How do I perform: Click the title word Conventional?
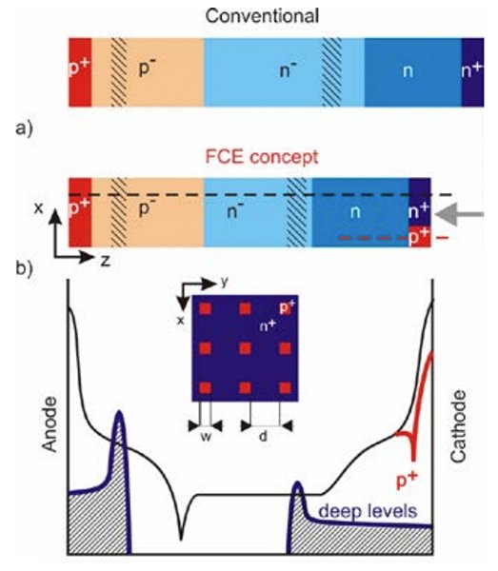coord(262,16)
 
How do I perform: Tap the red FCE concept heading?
coord(262,157)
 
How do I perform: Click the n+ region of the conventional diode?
coord(472,71)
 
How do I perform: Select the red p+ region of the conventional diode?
coord(80,71)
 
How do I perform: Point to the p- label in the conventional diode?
coord(147,68)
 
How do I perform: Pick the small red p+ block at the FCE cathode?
coord(420,236)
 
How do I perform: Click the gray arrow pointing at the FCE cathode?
coord(460,214)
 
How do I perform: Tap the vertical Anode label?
coord(50,424)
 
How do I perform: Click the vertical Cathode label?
coord(458,426)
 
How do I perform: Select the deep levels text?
coord(368,511)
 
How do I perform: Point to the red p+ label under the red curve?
coord(408,481)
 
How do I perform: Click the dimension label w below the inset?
coord(206,436)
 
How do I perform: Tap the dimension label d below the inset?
coord(263,436)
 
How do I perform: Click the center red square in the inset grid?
coord(245,348)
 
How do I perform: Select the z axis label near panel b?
coord(106,261)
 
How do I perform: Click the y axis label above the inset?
coord(225,282)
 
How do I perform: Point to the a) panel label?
coord(24,128)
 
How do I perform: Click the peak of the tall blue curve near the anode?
coord(119,411)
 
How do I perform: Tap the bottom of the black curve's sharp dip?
coord(181,540)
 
